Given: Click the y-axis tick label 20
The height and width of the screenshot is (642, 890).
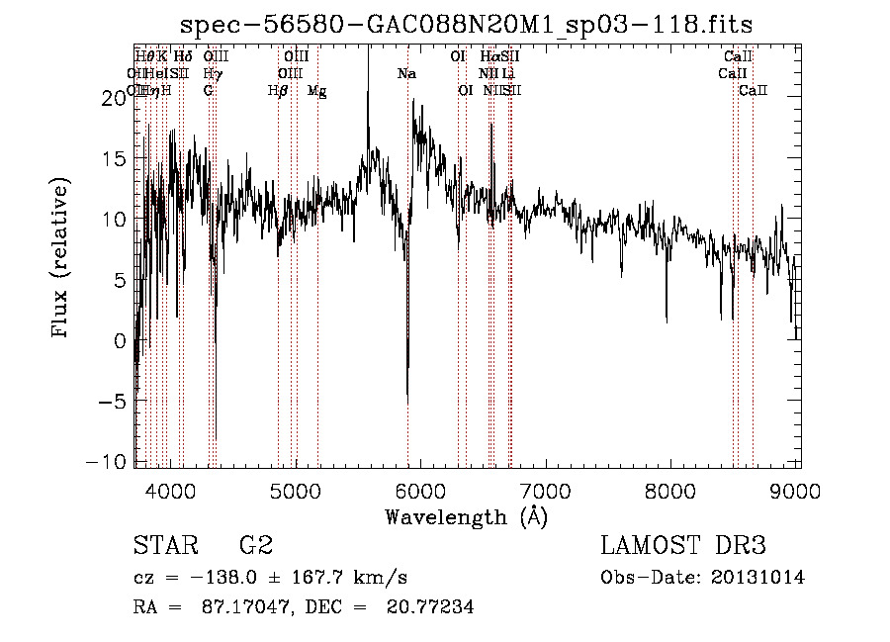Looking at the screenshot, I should [x=115, y=97].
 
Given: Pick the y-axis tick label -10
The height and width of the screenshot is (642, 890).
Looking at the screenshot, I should [x=107, y=462].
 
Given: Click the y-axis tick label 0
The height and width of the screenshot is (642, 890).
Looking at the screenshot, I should [x=122, y=340].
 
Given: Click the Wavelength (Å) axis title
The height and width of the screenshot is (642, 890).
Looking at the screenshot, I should [x=466, y=516].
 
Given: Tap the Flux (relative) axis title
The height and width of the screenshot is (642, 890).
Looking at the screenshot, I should [x=61, y=259].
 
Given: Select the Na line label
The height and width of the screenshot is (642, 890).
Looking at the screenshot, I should [x=406, y=74].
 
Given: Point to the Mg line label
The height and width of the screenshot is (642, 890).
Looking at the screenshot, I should [x=316, y=91].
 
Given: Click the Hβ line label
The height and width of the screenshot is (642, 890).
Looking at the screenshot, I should [x=278, y=91].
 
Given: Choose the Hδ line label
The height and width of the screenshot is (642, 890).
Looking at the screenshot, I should [x=182, y=56].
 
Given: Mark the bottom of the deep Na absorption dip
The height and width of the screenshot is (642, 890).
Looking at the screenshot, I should [x=407, y=400].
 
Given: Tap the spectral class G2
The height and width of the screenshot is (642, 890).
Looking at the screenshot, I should [x=255, y=545].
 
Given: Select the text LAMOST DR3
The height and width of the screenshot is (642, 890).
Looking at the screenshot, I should [x=683, y=545].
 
